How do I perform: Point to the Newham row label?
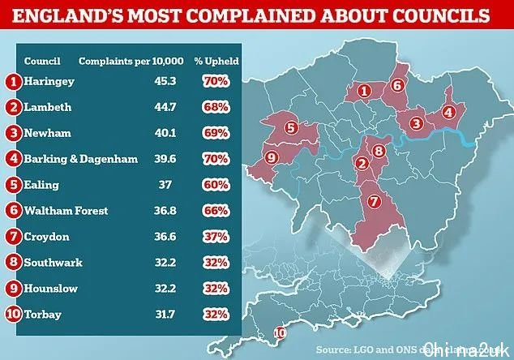[x=46, y=133]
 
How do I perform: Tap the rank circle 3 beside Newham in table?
[x=13, y=133]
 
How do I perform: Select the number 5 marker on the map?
[x=290, y=126]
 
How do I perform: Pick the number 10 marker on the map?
[x=281, y=331]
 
